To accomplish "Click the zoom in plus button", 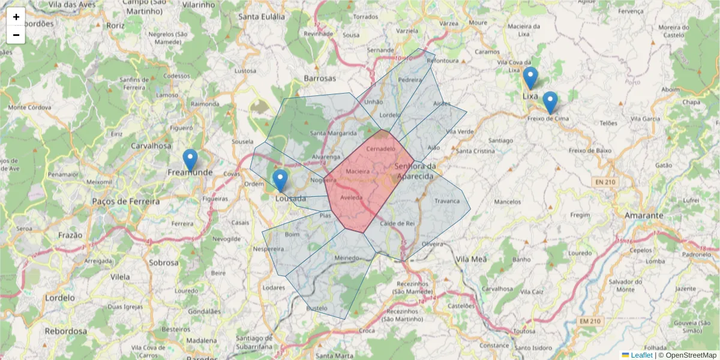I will [x=16, y=17].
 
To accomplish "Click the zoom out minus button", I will [x=16, y=35].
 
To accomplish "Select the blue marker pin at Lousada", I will [x=280, y=180].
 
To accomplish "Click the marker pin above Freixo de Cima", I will [x=550, y=102].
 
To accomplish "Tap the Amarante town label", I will [x=643, y=215].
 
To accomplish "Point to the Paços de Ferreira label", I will [x=126, y=202].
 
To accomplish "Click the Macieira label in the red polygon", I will [x=358, y=172].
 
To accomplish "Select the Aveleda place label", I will [x=352, y=197].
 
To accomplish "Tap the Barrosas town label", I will [x=320, y=78].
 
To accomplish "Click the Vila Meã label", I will [x=472, y=259].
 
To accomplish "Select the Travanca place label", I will [x=446, y=201].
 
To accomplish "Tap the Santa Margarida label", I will [x=334, y=133].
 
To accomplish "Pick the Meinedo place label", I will [x=347, y=258].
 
